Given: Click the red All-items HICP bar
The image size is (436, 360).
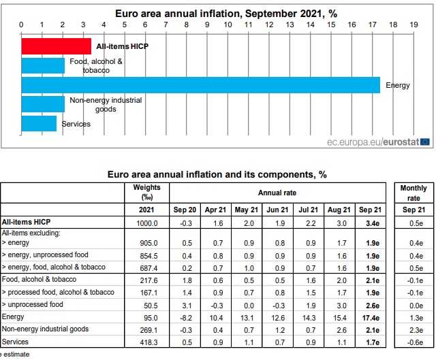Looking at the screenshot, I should pyautogui.click(x=56, y=46).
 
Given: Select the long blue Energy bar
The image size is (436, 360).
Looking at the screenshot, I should pyautogui.click(x=200, y=85).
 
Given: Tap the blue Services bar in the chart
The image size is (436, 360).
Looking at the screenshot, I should pyautogui.click(x=39, y=124).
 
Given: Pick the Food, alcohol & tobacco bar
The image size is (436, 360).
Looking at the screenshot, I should pyautogui.click(x=43, y=65).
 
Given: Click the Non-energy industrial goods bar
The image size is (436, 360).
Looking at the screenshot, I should pyautogui.click(x=43, y=104).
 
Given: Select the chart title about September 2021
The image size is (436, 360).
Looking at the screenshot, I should pyautogui.click(x=216, y=13).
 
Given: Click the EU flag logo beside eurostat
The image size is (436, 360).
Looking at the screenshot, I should pyautogui.click(x=425, y=142).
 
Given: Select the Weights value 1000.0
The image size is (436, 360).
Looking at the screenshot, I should pyautogui.click(x=146, y=223).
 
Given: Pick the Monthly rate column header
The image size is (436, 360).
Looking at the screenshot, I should pyautogui.click(x=413, y=193).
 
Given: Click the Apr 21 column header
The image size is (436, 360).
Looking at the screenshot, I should pyautogui.click(x=215, y=210).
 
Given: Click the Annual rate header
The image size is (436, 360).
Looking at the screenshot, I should pyautogui.click(x=277, y=193).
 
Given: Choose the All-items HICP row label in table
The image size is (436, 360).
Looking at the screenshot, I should pyautogui.click(x=27, y=223).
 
